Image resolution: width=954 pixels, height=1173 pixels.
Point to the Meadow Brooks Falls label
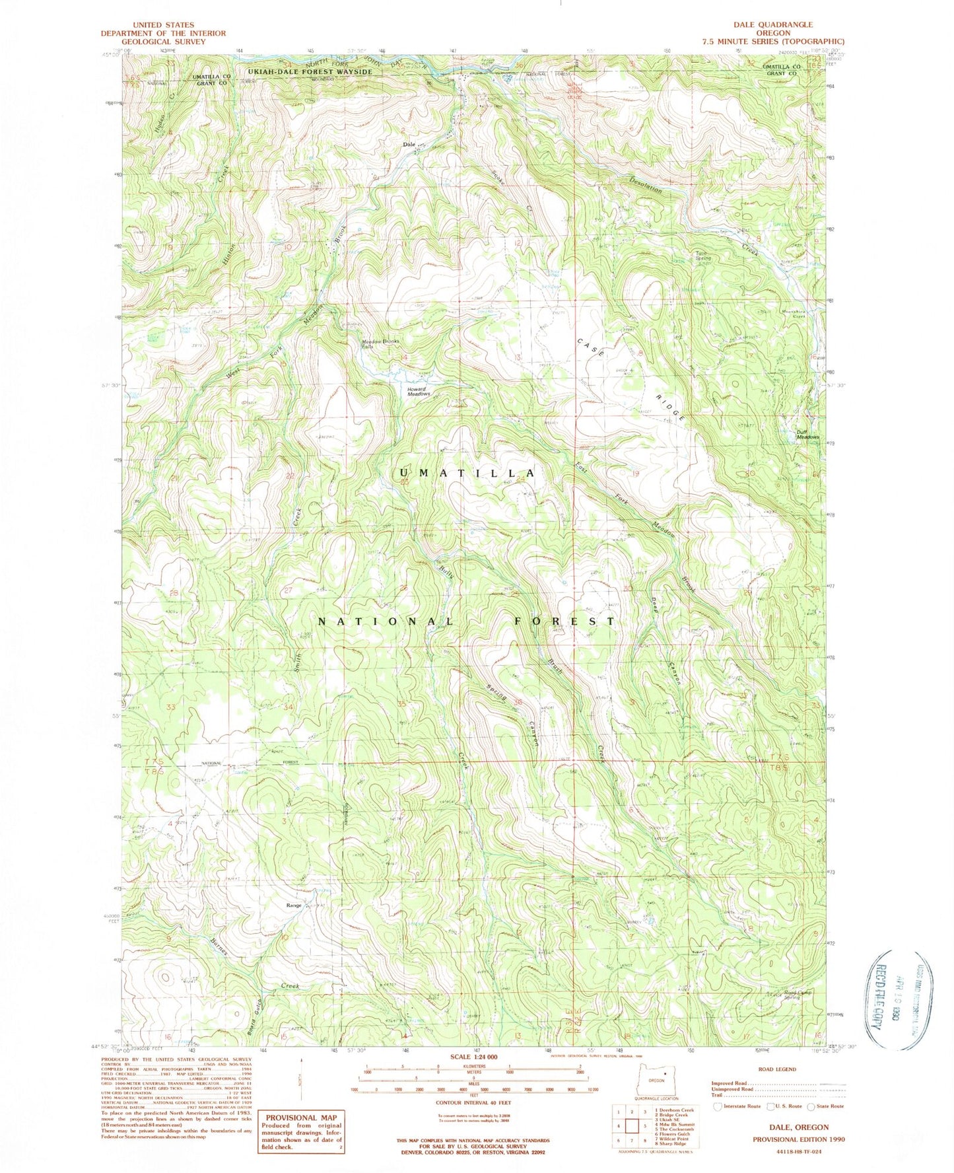379,343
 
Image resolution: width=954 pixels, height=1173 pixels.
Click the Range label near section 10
294,906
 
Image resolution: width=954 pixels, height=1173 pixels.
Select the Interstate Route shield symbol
718,1106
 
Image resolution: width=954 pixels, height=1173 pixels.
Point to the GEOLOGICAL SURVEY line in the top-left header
162,42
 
